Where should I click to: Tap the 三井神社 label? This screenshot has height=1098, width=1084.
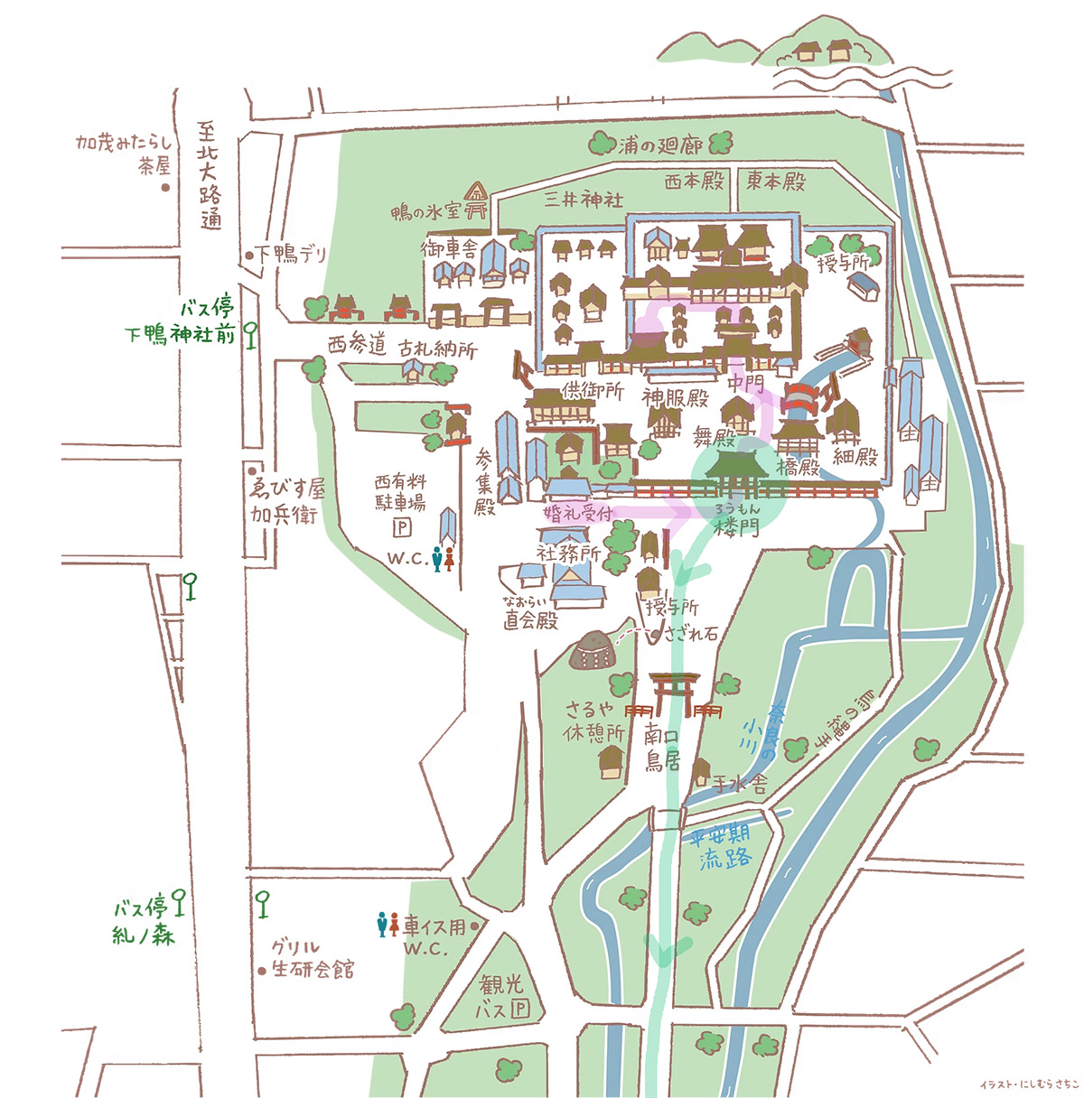click(x=583, y=200)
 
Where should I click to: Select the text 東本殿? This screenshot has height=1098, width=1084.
click(x=775, y=181)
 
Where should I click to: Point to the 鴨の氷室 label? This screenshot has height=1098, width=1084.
click(x=425, y=211)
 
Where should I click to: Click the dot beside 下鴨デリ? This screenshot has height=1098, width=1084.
click(x=249, y=256)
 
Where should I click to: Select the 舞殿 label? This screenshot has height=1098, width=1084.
click(x=714, y=439)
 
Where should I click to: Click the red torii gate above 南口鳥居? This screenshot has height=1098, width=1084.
click(x=677, y=694)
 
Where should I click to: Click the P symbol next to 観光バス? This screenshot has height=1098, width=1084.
click(x=519, y=1009)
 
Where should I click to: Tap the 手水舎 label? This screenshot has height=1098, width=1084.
click(x=740, y=784)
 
